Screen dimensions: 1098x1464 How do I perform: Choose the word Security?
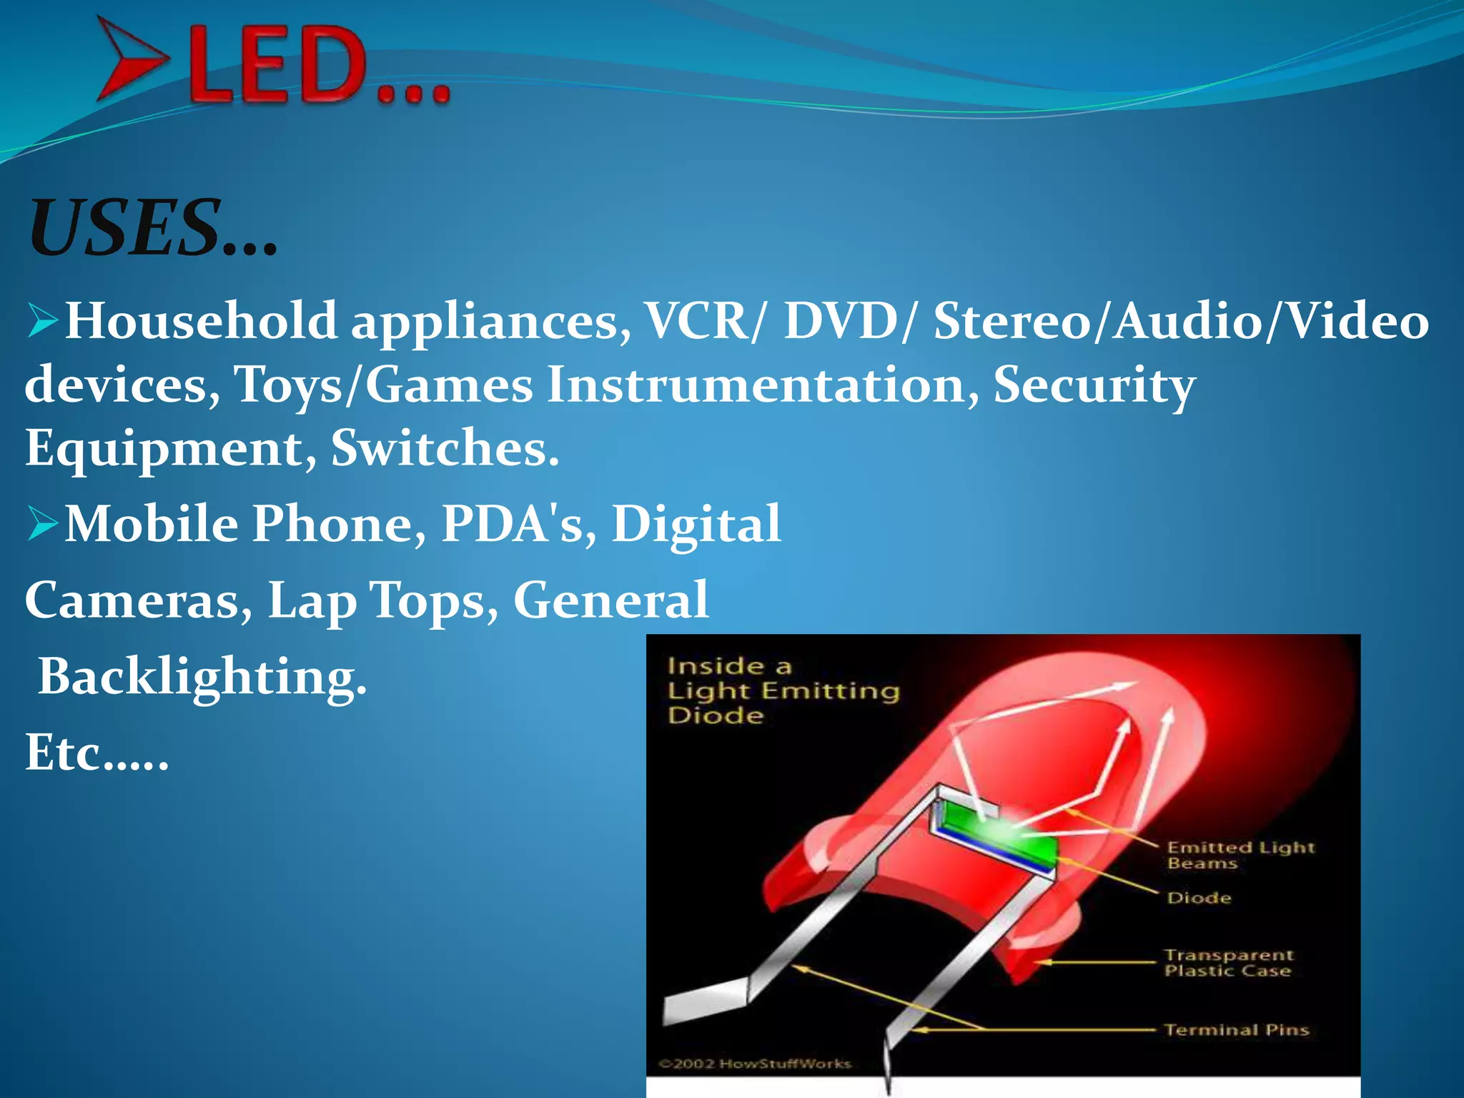tap(1094, 385)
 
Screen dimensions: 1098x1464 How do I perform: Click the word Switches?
tap(443, 448)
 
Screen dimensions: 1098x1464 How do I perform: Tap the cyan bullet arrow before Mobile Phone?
tap(43, 523)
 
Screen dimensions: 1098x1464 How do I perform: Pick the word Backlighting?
tap(202, 676)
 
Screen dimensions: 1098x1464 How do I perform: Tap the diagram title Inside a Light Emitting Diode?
tap(783, 691)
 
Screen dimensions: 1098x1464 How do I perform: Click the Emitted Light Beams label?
tap(1240, 855)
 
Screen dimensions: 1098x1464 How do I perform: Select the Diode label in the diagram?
tap(1199, 898)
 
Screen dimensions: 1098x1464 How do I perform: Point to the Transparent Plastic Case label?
tap(1228, 962)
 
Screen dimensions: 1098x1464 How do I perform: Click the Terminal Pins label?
tap(1237, 1029)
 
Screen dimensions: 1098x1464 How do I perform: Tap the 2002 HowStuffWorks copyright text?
tap(755, 1064)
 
